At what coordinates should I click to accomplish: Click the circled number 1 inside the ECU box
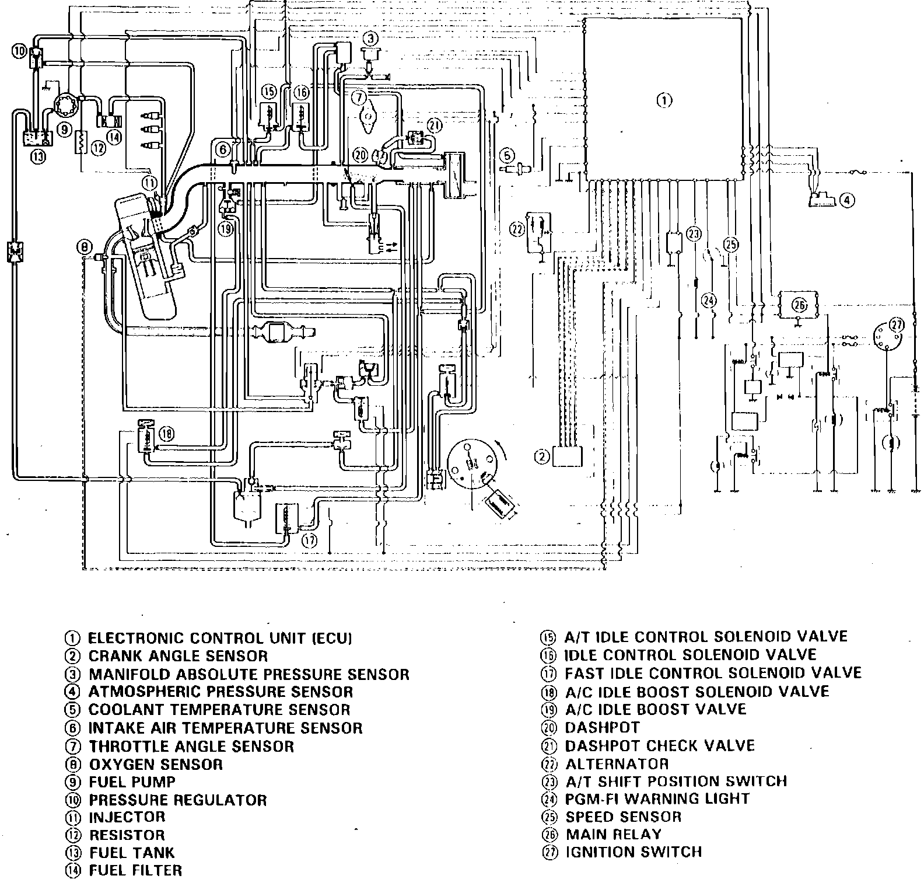664,100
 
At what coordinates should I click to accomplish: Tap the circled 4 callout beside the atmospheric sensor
846,201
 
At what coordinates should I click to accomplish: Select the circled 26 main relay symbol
799,305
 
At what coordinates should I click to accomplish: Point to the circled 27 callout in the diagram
896,325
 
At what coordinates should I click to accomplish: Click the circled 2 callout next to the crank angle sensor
542,457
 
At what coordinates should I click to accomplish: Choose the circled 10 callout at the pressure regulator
19,51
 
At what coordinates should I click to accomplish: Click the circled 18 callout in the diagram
167,433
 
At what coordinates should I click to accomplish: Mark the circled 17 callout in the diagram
309,540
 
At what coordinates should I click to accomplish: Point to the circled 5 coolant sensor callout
508,155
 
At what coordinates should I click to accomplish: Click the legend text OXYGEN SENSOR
155,764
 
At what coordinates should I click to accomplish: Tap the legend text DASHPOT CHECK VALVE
659,745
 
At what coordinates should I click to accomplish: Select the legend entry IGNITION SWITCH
633,852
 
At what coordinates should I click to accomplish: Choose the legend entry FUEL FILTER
135,870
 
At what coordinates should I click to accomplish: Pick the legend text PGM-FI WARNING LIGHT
657,798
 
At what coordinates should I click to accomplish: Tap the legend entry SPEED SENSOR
623,817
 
